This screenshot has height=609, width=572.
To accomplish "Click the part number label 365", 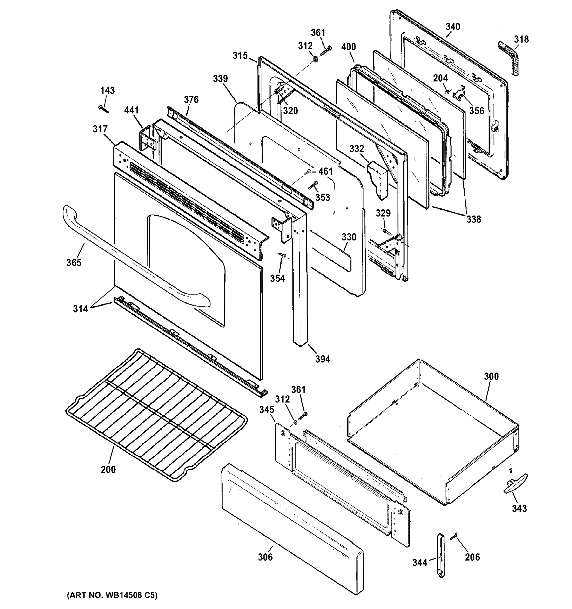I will point(74,263).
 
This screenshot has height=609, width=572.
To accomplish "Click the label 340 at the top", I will point(453,27).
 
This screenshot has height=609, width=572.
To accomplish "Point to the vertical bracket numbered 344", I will point(441,556).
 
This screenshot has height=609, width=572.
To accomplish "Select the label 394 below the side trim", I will point(323,359).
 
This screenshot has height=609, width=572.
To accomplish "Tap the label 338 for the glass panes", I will point(473,219).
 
